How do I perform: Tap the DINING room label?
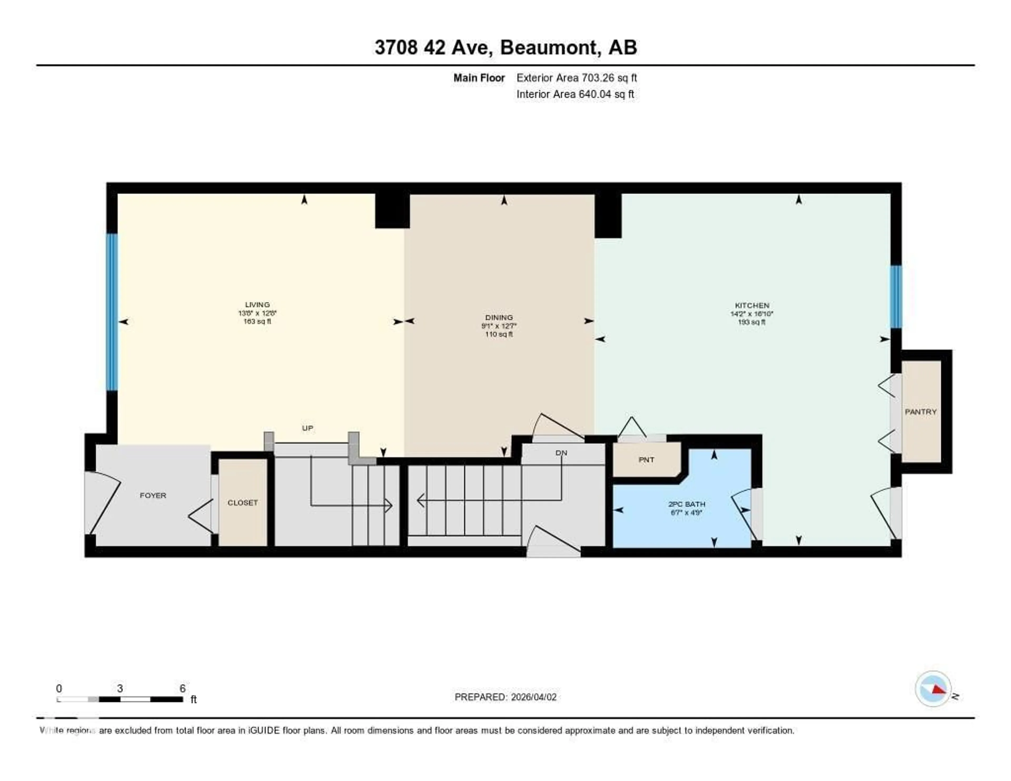coord(499,318)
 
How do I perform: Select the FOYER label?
coord(153,495)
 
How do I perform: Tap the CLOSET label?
coord(242,503)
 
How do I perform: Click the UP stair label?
coord(307,428)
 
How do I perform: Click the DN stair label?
coord(561,453)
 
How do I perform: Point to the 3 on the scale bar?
coord(120,688)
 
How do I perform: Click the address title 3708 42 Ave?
coord(506,48)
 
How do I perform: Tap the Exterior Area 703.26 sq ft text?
coord(576,78)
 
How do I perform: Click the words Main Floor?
coord(479,78)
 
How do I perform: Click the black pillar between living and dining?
coord(391,211)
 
